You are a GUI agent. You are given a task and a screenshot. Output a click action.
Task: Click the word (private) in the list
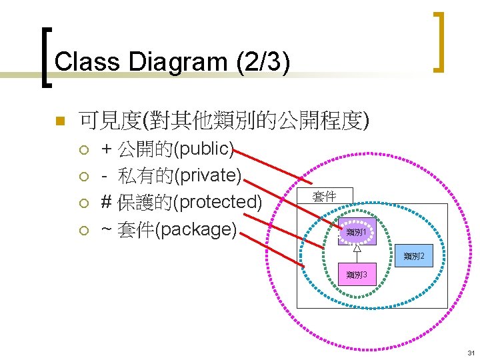pos(208,175)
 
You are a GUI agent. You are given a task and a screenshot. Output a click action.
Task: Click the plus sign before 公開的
pos(106,147)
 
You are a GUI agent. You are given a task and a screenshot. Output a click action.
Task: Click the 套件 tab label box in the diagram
pos(325,196)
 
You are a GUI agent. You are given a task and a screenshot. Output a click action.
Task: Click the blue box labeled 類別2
pos(415,256)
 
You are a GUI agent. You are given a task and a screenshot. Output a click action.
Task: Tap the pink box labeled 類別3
pos(357,274)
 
